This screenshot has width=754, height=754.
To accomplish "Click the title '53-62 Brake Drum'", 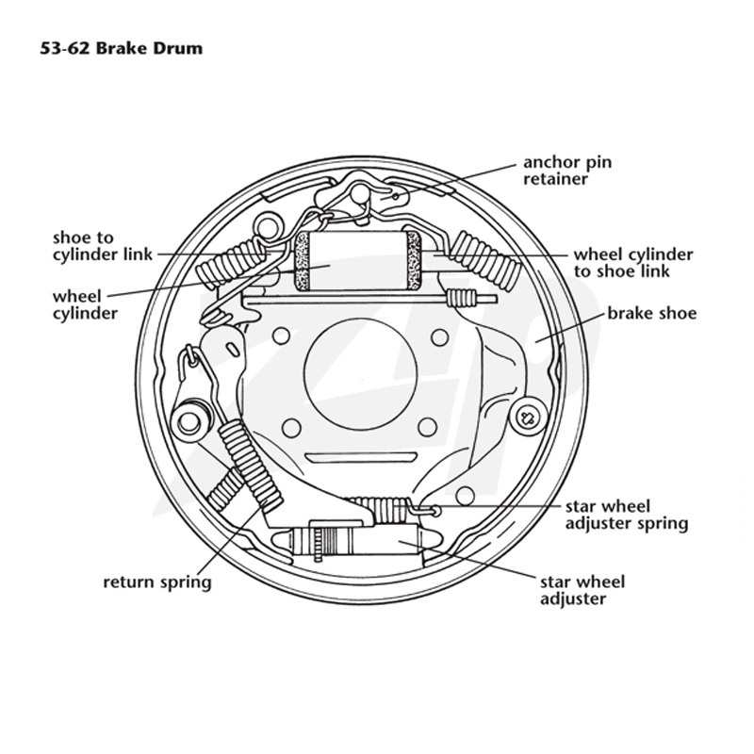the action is pyautogui.click(x=122, y=49).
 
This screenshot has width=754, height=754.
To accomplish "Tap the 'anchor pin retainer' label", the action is pyautogui.click(x=567, y=171).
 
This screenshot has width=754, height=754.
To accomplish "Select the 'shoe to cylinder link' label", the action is pyautogui.click(x=103, y=246).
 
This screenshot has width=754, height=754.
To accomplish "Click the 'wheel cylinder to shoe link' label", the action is pyautogui.click(x=632, y=263).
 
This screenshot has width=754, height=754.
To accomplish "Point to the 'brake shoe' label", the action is pyautogui.click(x=651, y=314).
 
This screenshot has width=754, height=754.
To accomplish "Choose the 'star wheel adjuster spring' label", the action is pyautogui.click(x=627, y=515).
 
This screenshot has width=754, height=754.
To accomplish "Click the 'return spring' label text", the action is pyautogui.click(x=157, y=582).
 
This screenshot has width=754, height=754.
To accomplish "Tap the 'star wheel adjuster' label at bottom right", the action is pyautogui.click(x=582, y=591).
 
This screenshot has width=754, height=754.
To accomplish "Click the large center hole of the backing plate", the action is pyautogui.click(x=360, y=374).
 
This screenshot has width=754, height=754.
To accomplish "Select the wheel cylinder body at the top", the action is pyautogui.click(x=358, y=261).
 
